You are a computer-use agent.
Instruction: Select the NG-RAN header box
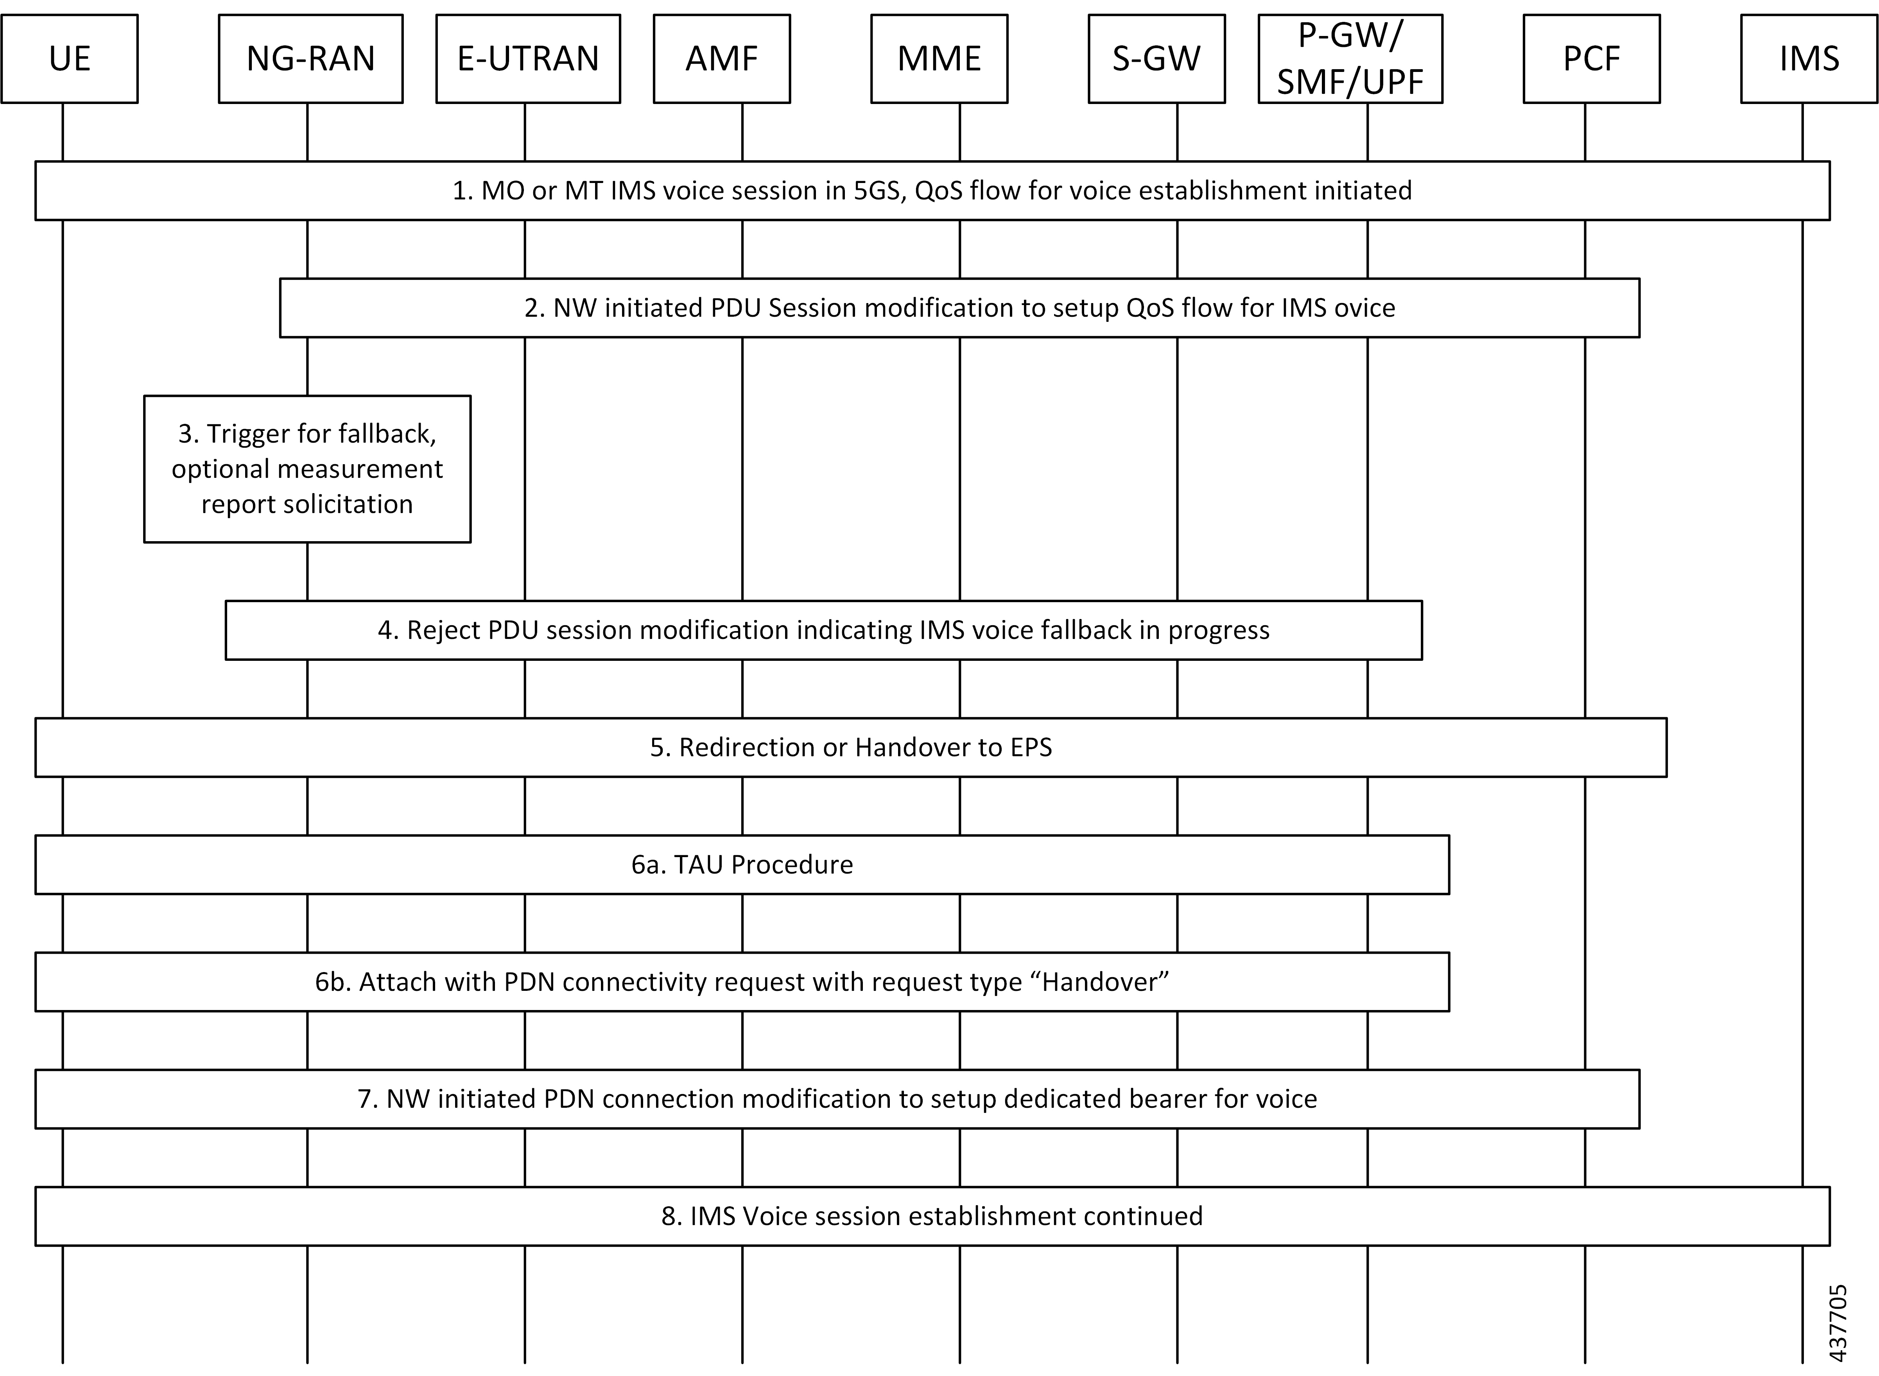coord(311,58)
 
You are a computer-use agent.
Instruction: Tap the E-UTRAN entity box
coord(528,58)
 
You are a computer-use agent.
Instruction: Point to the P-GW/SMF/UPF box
coord(1350,58)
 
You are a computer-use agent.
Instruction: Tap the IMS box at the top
coord(1809,58)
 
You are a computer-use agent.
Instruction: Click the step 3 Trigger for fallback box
coord(307,469)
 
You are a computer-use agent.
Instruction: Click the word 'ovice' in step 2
coord(1364,308)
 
